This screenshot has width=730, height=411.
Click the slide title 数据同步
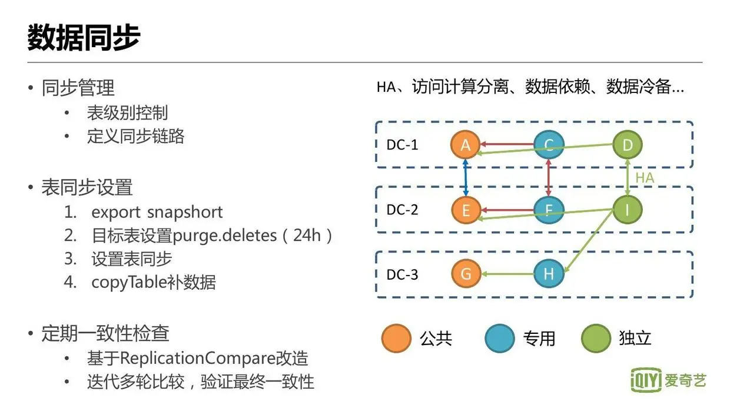click(84, 38)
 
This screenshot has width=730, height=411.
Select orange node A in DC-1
click(466, 145)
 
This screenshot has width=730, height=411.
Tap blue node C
click(549, 145)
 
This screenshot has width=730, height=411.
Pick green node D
click(628, 145)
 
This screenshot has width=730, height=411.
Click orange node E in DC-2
click(466, 210)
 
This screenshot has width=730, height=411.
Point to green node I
click(628, 210)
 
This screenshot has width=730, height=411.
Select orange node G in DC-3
click(466, 274)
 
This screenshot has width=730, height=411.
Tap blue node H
click(549, 274)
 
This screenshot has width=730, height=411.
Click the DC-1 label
click(403, 145)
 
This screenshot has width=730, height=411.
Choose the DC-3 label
click(403, 274)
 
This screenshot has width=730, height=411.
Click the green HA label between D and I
click(645, 177)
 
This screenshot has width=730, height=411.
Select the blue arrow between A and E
click(466, 177)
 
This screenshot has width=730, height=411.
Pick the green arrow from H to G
click(507, 274)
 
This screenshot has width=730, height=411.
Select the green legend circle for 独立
click(596, 338)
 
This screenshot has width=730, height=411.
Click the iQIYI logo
click(669, 380)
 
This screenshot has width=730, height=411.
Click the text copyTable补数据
click(154, 282)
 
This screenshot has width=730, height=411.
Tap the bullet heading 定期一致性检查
click(105, 334)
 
